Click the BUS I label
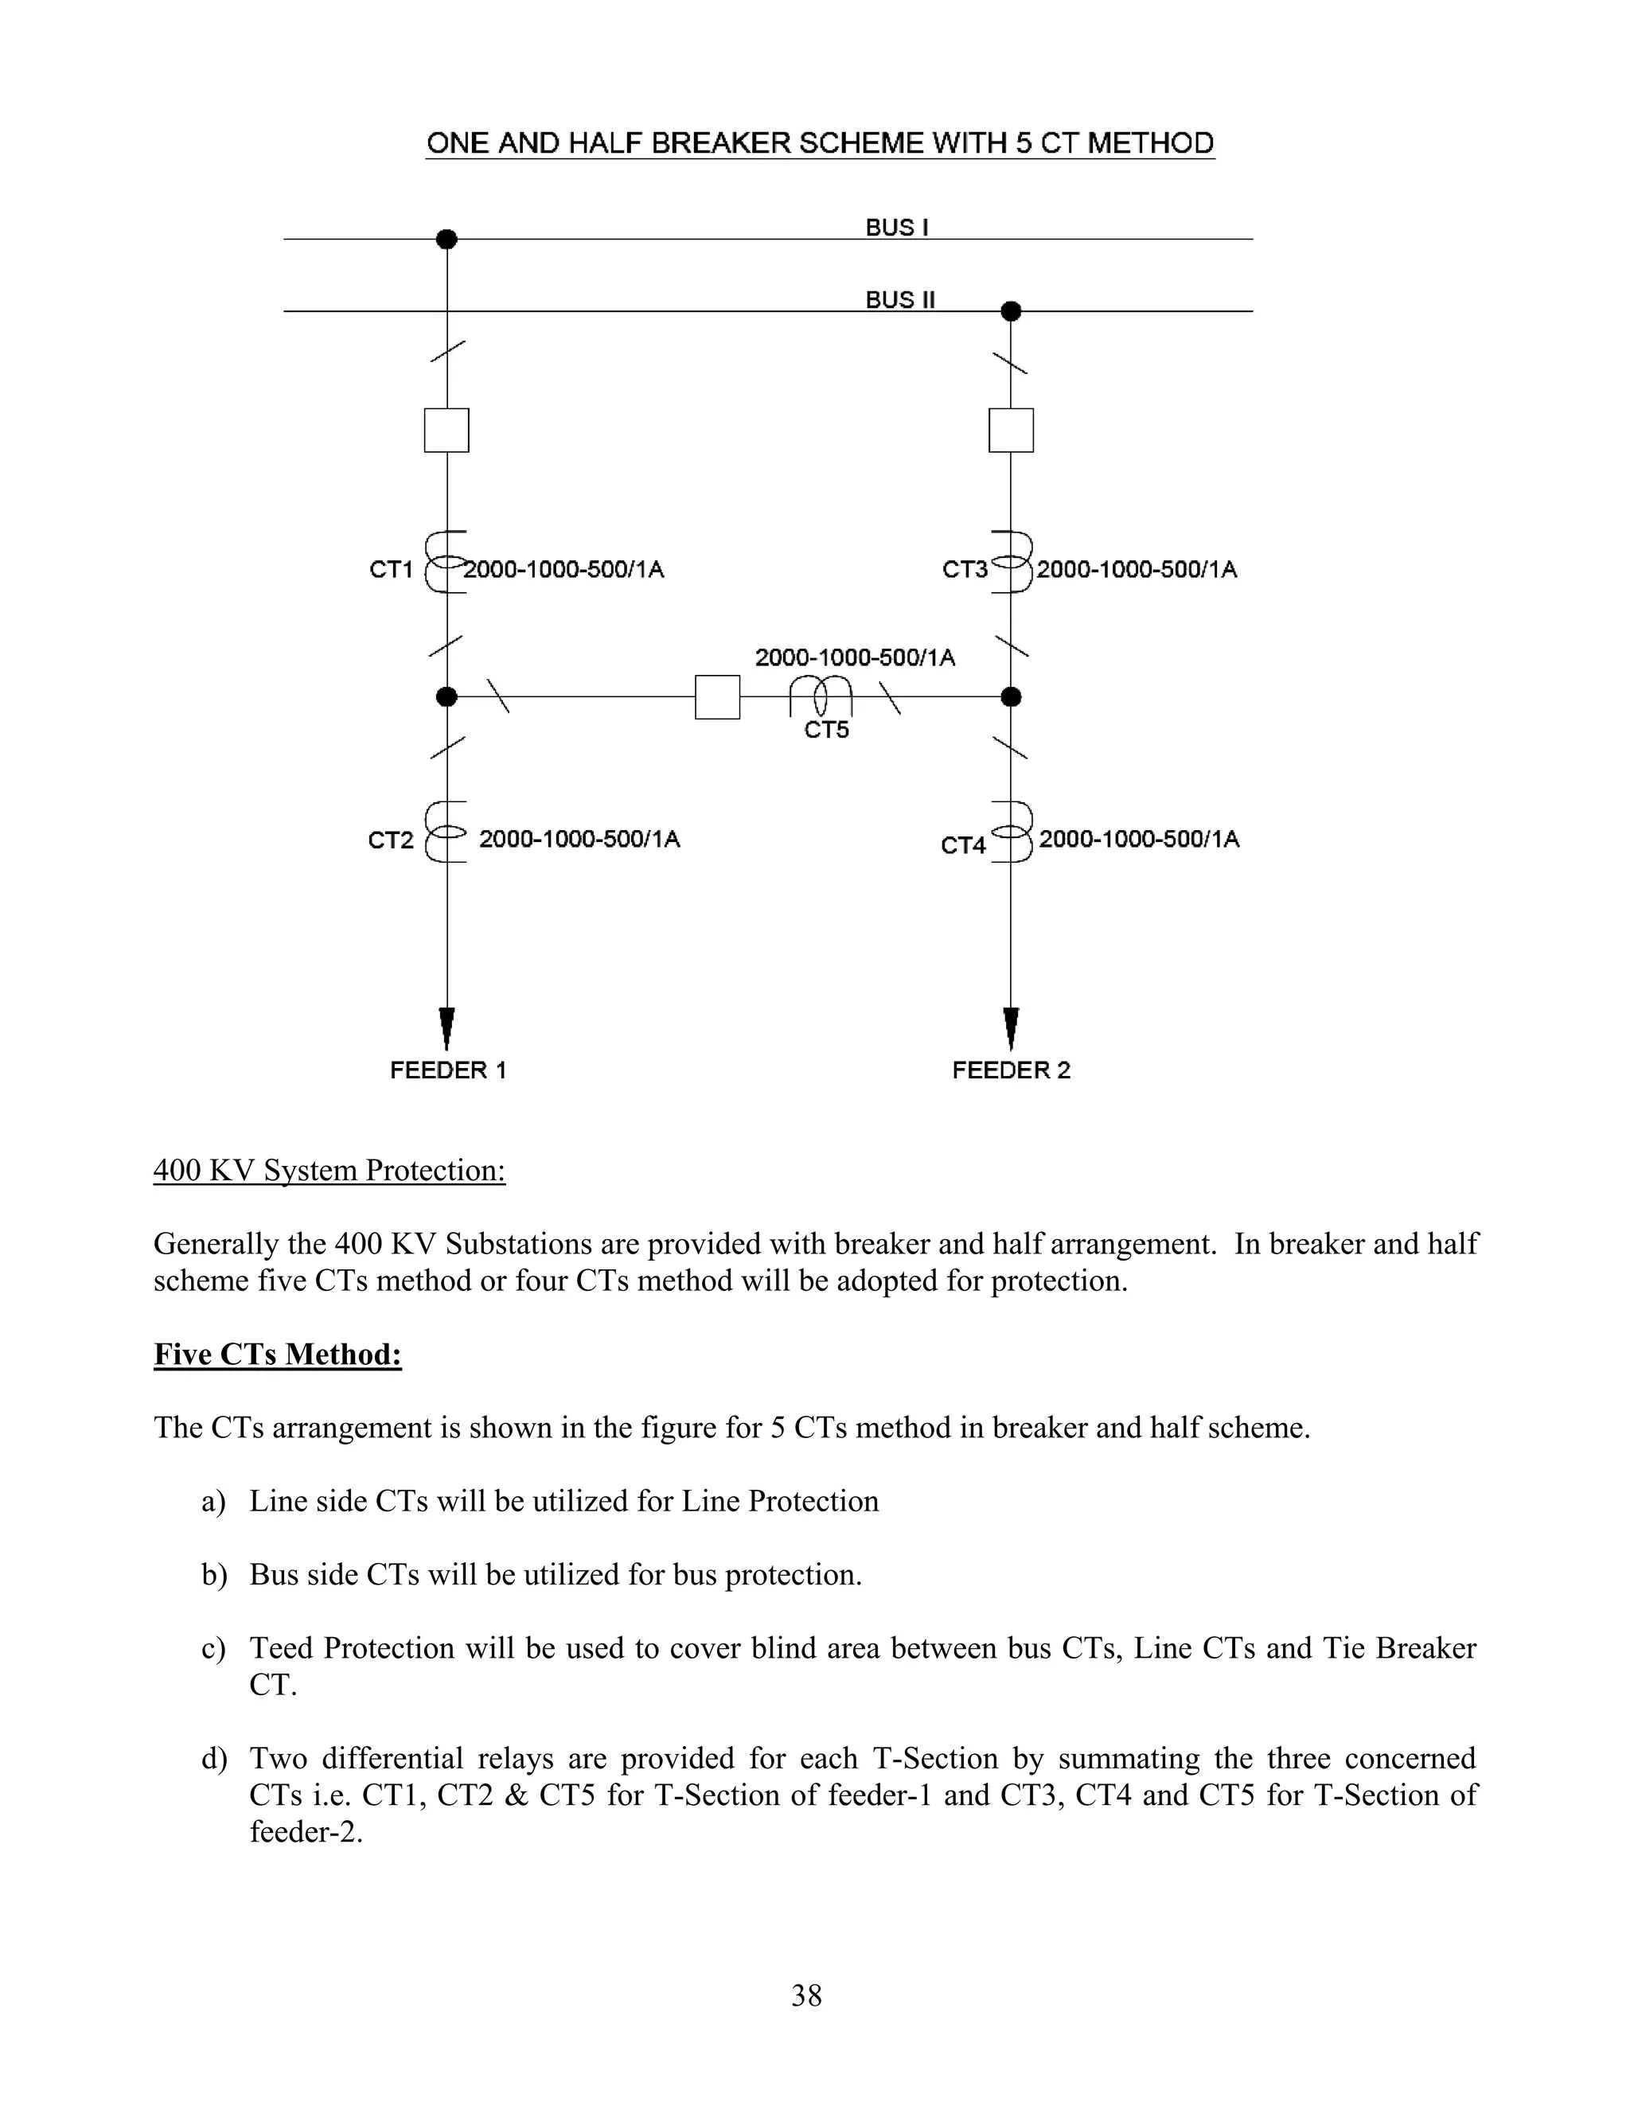coord(897,228)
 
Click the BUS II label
coord(900,300)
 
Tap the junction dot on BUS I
coord(446,239)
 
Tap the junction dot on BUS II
coord(1011,311)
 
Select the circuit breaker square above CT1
coord(446,431)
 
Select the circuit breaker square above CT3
coord(1011,431)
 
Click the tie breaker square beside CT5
coord(717,697)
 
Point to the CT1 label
coord(391,570)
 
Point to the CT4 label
coord(963,846)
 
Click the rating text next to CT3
coord(1137,570)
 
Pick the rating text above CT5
coord(855,657)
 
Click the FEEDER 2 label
coord(1011,1070)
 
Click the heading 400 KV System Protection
coord(330,1171)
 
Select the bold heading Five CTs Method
coord(277,1355)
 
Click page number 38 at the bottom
coord(806,1995)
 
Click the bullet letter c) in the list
coord(213,1648)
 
